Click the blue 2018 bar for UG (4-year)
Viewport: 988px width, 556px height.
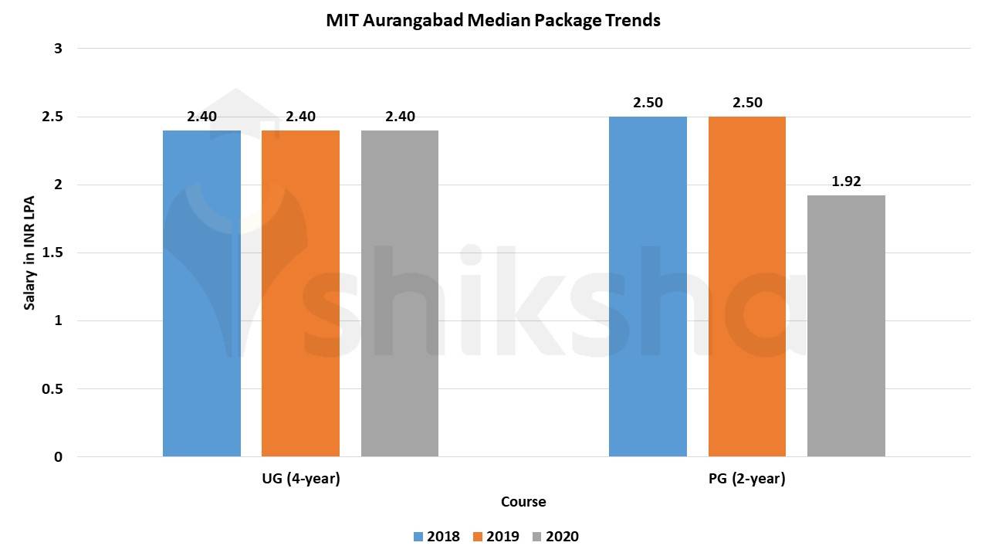pos(201,293)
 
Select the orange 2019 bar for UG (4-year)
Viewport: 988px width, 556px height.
pos(300,293)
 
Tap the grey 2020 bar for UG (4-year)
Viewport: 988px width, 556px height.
pos(400,293)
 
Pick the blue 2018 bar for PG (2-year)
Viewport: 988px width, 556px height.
pos(648,286)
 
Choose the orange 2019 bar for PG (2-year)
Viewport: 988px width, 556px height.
pos(747,286)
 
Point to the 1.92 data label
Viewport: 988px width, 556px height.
pos(846,182)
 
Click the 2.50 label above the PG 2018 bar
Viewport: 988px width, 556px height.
pos(648,103)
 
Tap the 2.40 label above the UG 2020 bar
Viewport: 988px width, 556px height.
pos(400,117)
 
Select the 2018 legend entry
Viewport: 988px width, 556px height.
pos(436,537)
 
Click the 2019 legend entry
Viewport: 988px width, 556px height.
pos(496,537)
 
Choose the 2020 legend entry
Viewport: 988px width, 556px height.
pos(555,537)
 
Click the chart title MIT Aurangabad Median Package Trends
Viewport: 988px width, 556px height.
pos(493,21)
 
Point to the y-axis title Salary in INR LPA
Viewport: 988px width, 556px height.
pos(30,253)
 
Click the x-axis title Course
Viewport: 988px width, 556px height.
pos(523,502)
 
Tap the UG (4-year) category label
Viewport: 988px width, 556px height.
pos(301,479)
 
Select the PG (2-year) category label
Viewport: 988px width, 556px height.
pos(746,479)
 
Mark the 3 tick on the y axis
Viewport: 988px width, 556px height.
pos(59,49)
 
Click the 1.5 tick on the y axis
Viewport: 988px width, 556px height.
pos(53,253)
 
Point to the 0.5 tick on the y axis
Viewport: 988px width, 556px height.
pos(53,389)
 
